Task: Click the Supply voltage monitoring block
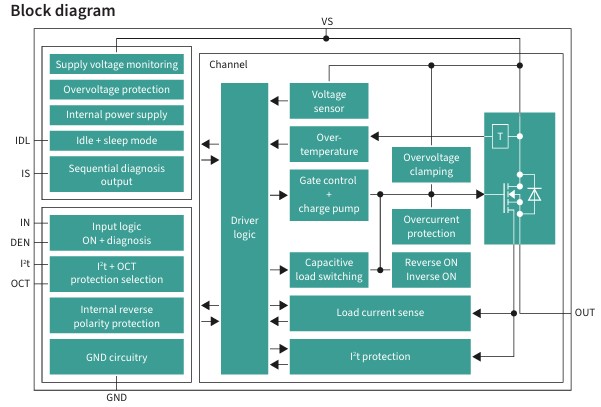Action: point(117,65)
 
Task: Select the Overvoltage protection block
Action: point(117,90)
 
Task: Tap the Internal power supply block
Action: point(117,115)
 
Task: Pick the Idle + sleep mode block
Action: point(117,140)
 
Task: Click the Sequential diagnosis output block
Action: point(117,173)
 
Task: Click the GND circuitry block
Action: point(117,356)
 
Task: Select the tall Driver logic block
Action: point(245,228)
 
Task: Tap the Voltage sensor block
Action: point(329,101)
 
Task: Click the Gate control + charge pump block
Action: point(329,195)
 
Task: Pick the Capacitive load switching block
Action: point(329,269)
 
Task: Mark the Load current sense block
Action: point(380,313)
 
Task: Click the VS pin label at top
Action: point(327,21)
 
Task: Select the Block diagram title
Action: point(62,10)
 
